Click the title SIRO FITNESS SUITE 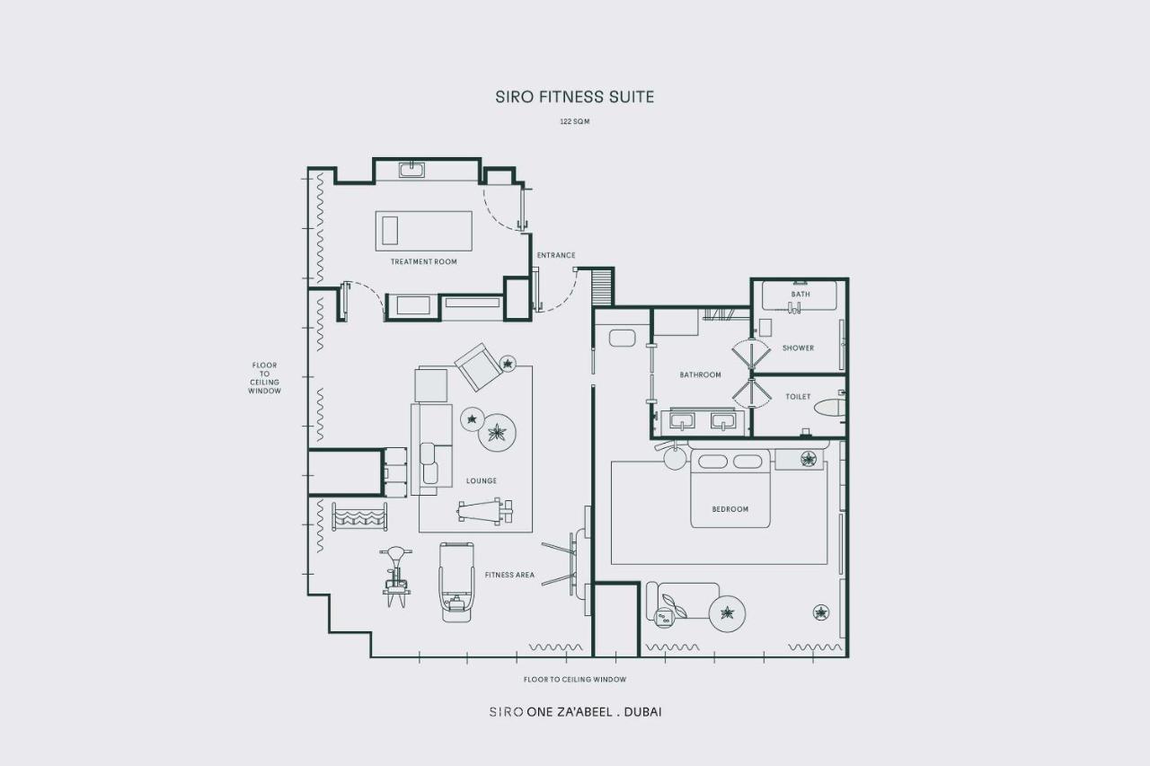574,97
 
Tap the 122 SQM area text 574,121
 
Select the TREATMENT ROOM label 423,261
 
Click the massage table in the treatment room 423,231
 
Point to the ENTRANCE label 556,255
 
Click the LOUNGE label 481,480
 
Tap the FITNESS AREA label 509,575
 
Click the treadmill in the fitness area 456,582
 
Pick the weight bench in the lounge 485,511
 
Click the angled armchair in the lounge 479,367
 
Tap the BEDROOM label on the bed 730,509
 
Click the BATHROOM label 700,374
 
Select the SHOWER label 798,348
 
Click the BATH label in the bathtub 801,294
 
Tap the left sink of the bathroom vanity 682,420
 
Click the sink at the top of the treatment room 411,170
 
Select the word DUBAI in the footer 642,712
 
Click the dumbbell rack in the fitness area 359,516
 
